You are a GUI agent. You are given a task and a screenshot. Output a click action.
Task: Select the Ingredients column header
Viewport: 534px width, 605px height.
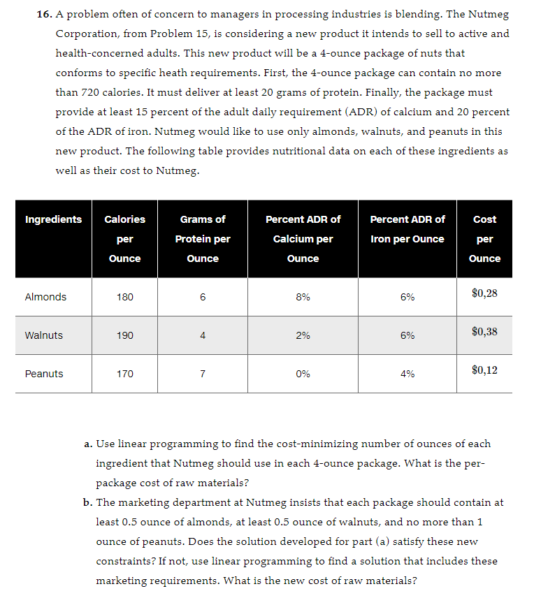pyautogui.click(x=53, y=219)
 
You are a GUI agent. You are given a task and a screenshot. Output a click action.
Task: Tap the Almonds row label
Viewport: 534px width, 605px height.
pyautogui.click(x=45, y=297)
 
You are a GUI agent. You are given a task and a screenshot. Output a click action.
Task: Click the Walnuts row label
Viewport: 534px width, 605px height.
pyautogui.click(x=43, y=335)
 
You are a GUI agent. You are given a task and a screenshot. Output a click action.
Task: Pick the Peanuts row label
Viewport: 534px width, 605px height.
pyautogui.click(x=44, y=374)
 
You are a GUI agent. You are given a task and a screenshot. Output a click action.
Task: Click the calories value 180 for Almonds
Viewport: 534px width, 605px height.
pyautogui.click(x=124, y=297)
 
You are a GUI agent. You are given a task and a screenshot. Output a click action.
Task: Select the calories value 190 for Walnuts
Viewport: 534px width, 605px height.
pyautogui.click(x=124, y=335)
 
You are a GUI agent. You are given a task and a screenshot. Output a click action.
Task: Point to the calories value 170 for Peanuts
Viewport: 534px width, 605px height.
pyautogui.click(x=124, y=374)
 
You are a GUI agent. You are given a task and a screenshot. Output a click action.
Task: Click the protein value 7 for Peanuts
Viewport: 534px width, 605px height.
pyautogui.click(x=203, y=374)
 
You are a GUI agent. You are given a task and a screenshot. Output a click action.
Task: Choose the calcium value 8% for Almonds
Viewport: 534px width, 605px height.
pyautogui.click(x=303, y=297)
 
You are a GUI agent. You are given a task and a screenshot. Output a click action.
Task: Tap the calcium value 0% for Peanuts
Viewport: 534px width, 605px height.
pyautogui.click(x=303, y=374)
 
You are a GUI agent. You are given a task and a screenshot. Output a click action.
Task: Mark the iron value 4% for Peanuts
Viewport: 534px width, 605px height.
pyautogui.click(x=407, y=374)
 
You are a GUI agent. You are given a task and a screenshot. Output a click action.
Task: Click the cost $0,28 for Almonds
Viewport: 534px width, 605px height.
pyautogui.click(x=484, y=293)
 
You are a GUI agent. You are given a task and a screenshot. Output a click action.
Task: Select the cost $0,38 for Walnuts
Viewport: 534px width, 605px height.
pyautogui.click(x=484, y=332)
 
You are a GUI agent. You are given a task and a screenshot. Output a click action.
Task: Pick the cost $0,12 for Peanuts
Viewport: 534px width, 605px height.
pyautogui.click(x=484, y=370)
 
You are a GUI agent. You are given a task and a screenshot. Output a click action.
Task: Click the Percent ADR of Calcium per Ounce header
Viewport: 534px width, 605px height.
pyautogui.click(x=303, y=239)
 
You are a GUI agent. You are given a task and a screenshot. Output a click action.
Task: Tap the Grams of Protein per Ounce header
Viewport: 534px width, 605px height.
pyautogui.click(x=203, y=239)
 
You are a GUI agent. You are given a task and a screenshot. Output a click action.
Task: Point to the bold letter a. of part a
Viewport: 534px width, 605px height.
pyautogui.click(x=88, y=444)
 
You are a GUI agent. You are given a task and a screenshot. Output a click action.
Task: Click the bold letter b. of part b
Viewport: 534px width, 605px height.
pyautogui.click(x=88, y=502)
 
